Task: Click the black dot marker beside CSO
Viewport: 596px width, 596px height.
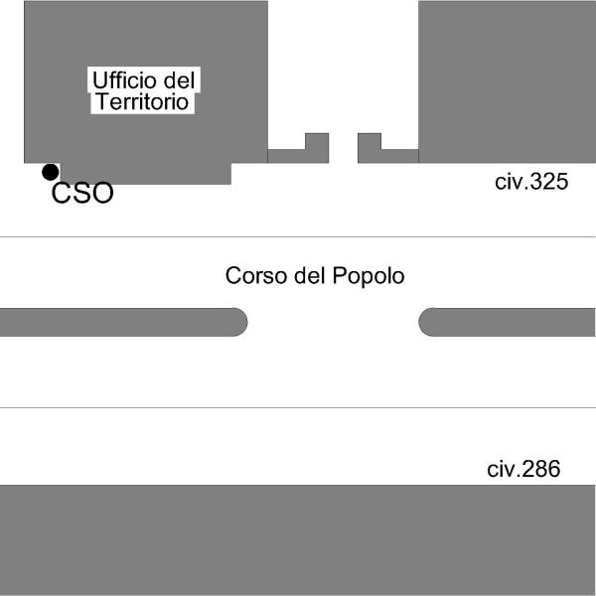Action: (x=50, y=172)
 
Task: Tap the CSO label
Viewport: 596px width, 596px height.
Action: (x=82, y=194)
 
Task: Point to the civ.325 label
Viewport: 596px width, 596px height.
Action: (x=531, y=182)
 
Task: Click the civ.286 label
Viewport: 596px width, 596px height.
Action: (x=523, y=469)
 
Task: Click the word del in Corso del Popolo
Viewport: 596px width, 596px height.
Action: (x=311, y=276)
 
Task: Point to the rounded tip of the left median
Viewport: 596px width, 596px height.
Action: (x=239, y=322)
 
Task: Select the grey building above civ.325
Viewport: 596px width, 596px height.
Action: (x=507, y=79)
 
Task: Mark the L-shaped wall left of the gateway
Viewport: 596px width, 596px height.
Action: (x=298, y=154)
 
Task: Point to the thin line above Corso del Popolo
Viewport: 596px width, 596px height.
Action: (x=298, y=236)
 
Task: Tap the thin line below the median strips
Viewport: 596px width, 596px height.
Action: (x=298, y=407)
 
